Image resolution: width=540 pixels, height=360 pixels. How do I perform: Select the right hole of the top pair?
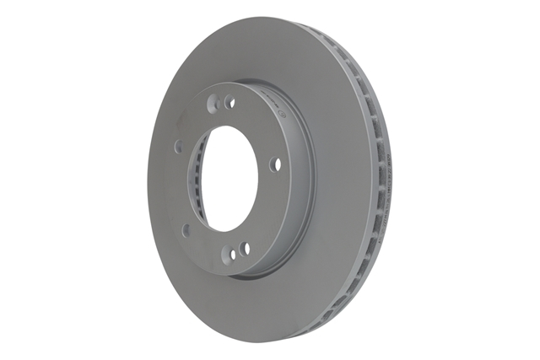[x=229, y=102]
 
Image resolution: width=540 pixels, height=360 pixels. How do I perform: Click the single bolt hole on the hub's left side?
[x=178, y=147]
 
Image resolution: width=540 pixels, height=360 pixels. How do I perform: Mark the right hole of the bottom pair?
[x=244, y=249]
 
